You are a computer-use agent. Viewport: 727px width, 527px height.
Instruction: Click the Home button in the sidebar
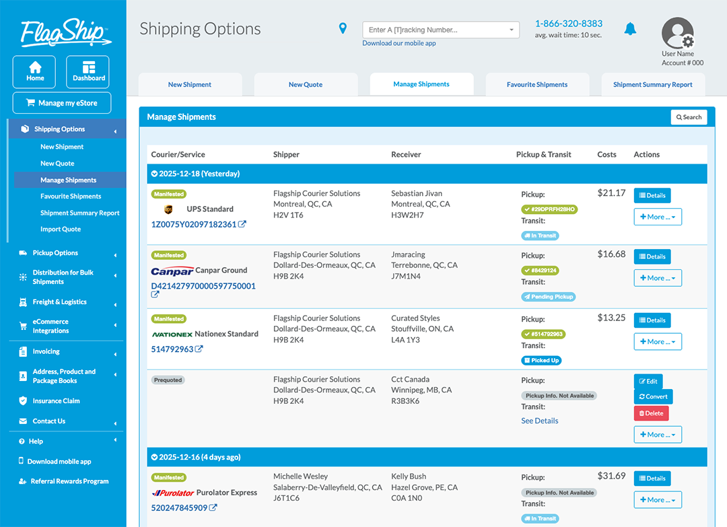(35, 72)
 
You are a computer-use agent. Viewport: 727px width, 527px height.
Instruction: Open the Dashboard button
(88, 72)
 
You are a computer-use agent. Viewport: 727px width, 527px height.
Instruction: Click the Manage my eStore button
(61, 103)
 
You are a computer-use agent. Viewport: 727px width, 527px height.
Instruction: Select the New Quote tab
(305, 85)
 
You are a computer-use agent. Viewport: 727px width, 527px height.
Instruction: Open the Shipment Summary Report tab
(652, 85)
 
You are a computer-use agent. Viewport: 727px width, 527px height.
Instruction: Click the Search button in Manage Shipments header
(689, 117)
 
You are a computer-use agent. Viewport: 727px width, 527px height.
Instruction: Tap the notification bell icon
(630, 29)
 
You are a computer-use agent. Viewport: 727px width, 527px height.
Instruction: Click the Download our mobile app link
(399, 43)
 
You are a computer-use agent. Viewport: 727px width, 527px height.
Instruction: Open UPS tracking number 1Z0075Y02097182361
(194, 224)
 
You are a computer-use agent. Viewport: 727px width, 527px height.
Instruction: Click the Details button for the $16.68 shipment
(652, 256)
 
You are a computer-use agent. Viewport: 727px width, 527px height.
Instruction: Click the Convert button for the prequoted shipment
(652, 396)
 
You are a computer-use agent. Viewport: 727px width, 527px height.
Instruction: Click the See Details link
(539, 421)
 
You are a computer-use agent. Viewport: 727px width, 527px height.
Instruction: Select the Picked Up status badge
(541, 360)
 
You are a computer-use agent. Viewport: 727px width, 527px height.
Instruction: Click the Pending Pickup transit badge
(548, 297)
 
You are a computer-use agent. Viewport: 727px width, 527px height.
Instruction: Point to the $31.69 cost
(611, 476)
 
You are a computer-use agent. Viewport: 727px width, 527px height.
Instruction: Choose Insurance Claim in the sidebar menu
(56, 401)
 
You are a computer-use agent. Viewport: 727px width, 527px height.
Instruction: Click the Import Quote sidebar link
(61, 229)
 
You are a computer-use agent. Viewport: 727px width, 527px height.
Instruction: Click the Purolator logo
(173, 493)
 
